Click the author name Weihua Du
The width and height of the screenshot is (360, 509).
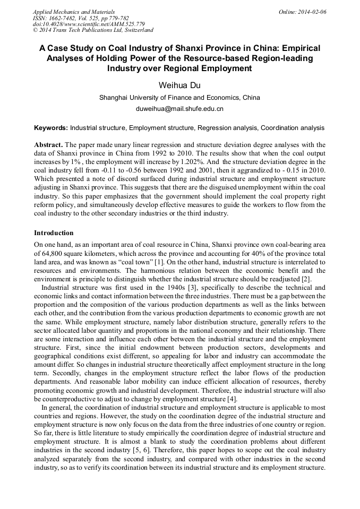[180, 85]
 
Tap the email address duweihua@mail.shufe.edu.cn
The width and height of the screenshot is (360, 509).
[180, 109]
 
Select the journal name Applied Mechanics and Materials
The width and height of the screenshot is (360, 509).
[74, 12]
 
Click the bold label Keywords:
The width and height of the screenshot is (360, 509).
[51, 128]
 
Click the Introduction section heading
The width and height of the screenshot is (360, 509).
[54, 233]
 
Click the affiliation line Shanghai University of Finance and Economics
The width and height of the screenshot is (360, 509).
[180, 98]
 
